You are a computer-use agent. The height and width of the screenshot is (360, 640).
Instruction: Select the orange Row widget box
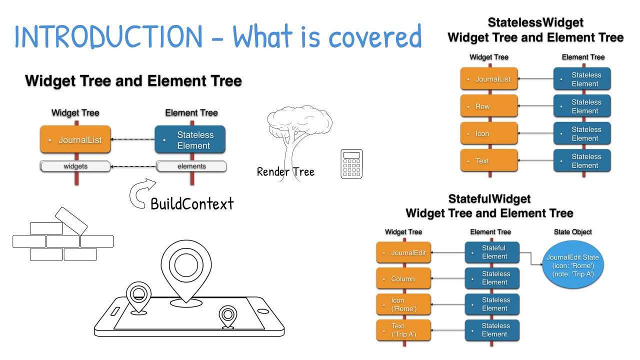click(489, 106)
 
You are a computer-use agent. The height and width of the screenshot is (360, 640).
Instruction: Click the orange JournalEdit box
click(403, 253)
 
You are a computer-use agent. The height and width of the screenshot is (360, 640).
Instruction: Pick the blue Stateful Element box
click(492, 252)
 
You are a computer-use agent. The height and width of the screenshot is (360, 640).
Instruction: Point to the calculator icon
click(351, 164)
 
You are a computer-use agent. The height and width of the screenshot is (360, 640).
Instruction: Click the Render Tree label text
click(285, 172)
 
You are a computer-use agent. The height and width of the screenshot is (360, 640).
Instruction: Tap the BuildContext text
click(192, 204)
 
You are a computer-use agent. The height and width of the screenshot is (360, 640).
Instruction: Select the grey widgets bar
click(75, 166)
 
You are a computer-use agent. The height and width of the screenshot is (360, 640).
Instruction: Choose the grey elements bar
click(191, 166)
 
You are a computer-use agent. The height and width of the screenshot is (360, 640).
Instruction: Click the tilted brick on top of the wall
click(71, 220)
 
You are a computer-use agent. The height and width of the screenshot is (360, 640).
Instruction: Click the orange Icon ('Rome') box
click(403, 305)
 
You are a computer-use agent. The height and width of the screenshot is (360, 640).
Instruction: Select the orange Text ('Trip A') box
click(403, 330)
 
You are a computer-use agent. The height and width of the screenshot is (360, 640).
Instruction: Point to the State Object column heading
click(572, 232)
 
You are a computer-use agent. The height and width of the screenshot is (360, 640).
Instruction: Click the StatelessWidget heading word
click(535, 22)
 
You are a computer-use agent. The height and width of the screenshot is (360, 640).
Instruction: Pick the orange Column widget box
click(403, 279)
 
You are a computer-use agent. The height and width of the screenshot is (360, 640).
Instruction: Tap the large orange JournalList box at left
click(75, 140)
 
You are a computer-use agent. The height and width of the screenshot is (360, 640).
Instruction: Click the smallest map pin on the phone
click(227, 316)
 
